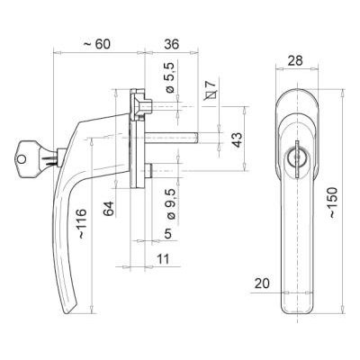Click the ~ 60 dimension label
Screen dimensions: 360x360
[x=97, y=44]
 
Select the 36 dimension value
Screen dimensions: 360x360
[x=171, y=44]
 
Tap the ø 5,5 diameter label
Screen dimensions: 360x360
[x=170, y=77]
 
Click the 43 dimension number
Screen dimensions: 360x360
[x=238, y=139]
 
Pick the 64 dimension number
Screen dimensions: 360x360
[x=109, y=209]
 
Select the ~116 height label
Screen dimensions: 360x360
[x=81, y=223]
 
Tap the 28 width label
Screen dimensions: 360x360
[x=295, y=60]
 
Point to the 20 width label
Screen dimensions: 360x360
[x=262, y=283]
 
